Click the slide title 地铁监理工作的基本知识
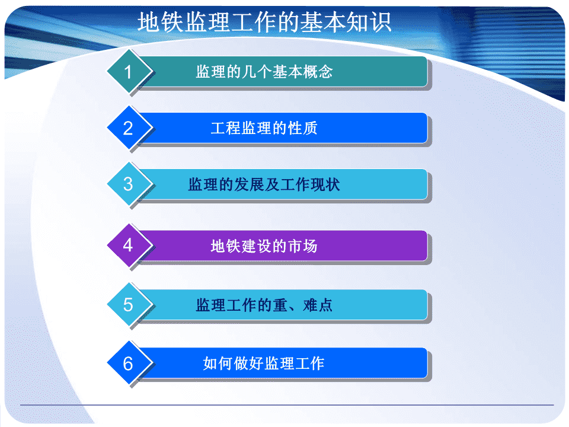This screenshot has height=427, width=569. [264, 22]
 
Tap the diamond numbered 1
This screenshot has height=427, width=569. [129, 72]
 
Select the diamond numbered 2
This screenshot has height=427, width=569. [129, 128]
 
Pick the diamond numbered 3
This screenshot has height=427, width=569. [129, 184]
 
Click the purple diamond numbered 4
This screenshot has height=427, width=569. [129, 245]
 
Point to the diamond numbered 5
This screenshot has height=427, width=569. [129, 304]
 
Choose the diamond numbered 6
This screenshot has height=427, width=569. [129, 363]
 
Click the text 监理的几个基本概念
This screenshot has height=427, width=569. [264, 72]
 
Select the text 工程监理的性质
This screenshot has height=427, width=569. [264, 128]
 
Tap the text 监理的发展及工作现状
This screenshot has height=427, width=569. [264, 184]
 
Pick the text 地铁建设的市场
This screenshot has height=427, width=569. [264, 246]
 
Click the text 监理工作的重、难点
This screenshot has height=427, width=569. [264, 305]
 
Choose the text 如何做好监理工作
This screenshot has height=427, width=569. [264, 363]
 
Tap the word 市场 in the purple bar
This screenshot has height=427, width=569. [303, 246]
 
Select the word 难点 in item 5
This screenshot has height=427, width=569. [318, 305]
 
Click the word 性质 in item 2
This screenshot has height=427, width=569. [303, 128]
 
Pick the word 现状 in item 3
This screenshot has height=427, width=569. [325, 184]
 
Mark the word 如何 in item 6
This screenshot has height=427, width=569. [218, 363]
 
